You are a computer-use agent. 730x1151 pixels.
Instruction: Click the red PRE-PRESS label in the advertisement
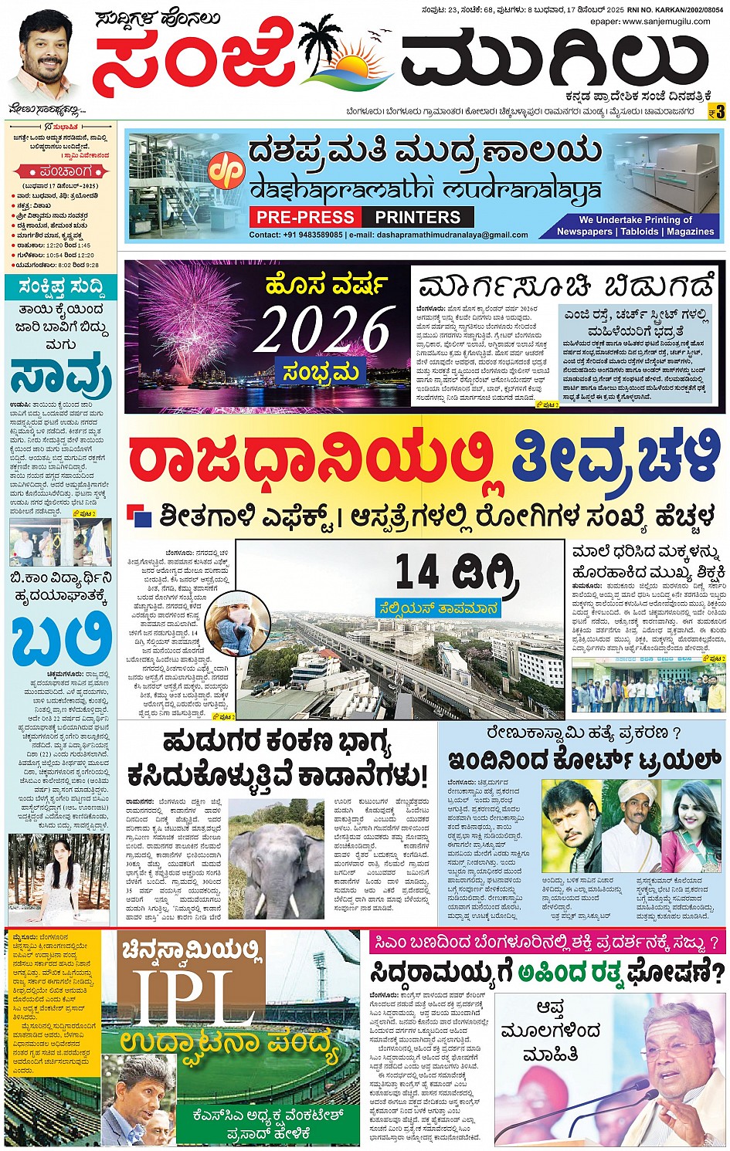click(305, 217)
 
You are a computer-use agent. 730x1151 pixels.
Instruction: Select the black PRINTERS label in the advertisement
click(418, 217)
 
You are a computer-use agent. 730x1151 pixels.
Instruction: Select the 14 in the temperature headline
click(418, 571)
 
